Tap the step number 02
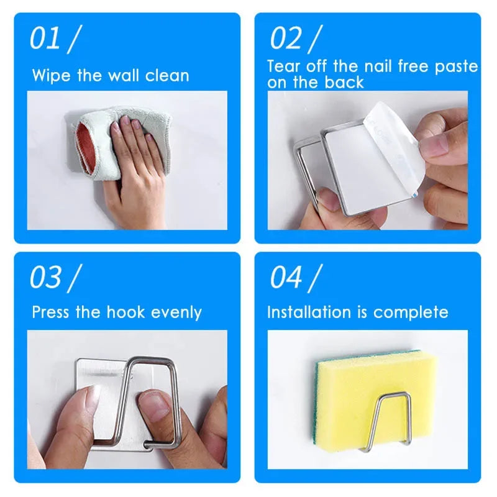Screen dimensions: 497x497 [x=285, y=39]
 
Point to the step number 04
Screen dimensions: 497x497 [x=286, y=277]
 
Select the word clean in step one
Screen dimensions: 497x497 [x=167, y=76]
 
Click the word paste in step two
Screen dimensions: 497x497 [x=456, y=66]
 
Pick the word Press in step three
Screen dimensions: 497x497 [x=52, y=312]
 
